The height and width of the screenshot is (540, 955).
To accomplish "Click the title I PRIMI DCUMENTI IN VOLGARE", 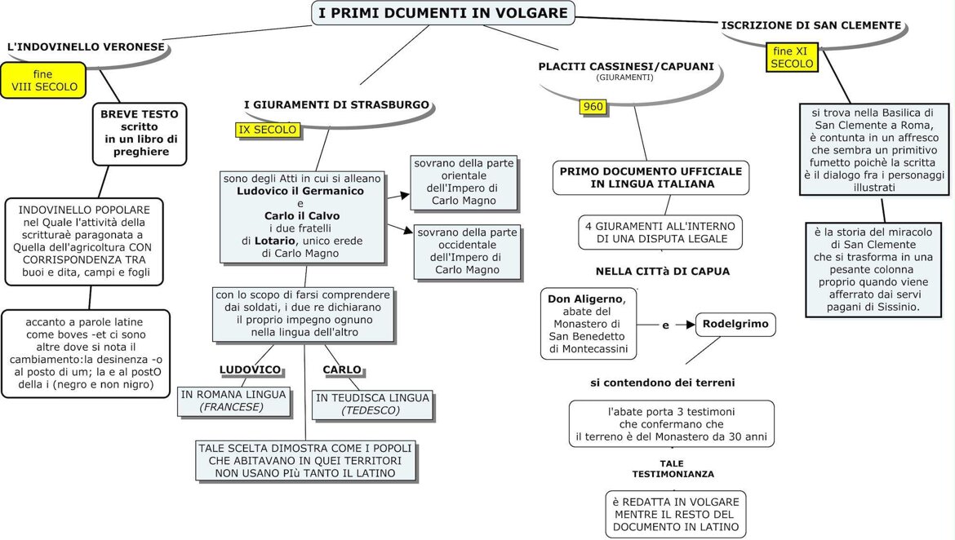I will tap(443, 13).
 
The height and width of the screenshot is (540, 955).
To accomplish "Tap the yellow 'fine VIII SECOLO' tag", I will tap(43, 80).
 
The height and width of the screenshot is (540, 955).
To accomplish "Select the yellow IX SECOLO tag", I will tap(267, 130).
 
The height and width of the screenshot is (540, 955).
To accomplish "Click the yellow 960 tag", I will tap(593, 107).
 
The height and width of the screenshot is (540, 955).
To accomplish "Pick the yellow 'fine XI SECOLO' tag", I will tap(792, 57).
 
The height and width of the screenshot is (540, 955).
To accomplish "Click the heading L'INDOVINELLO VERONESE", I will tap(86, 47).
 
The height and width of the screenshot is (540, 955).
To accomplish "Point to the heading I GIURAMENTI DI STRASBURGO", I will tap(336, 105).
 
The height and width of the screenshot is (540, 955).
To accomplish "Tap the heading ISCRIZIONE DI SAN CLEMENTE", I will tap(811, 25).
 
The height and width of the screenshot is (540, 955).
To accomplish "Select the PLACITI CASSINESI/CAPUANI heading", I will tap(626, 67).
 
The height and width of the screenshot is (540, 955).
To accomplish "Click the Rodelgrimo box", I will tap(735, 324).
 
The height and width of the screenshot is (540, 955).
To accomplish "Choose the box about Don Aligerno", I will tap(589, 324).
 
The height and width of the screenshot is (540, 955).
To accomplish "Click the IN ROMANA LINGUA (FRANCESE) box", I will tap(233, 401).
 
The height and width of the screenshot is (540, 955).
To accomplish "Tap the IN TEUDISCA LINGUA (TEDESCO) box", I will tap(372, 404).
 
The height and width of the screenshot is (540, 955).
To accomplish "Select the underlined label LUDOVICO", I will tap(250, 370).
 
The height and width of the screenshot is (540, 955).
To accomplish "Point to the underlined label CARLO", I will tap(342, 370).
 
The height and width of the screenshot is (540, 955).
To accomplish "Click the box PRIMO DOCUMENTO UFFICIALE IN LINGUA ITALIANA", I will tap(651, 178).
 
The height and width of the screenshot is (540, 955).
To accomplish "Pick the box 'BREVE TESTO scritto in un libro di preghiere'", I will tap(140, 133).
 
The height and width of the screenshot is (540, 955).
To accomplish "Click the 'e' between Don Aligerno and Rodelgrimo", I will tap(665, 325).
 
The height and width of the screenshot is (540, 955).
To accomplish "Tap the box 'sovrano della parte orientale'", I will tap(464, 182).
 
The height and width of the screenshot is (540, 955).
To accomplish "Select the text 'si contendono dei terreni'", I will tap(663, 382).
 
